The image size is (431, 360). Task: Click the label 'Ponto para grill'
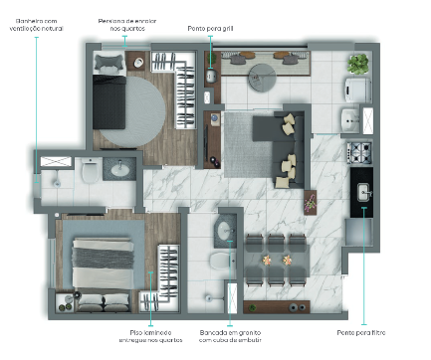[210, 29]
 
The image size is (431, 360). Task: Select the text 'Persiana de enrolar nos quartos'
[125, 25]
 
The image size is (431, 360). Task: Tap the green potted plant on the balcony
[357, 66]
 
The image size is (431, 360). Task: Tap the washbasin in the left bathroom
[121, 169]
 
